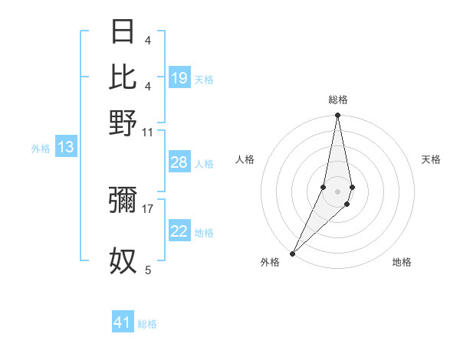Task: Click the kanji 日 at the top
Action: pyautogui.click(x=123, y=32)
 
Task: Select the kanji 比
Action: pyautogui.click(x=123, y=77)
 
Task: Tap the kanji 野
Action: pyautogui.click(x=123, y=123)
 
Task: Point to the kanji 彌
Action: pyautogui.click(x=123, y=200)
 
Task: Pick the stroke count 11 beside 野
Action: pyautogui.click(x=148, y=132)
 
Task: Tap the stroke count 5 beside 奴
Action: pyautogui.click(x=148, y=270)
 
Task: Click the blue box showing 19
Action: pyautogui.click(x=179, y=77)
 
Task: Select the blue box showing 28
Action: pyautogui.click(x=179, y=162)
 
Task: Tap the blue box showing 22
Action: pyautogui.click(x=179, y=231)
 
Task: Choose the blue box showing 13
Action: pyautogui.click(x=65, y=147)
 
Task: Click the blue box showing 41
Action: pyautogui.click(x=123, y=322)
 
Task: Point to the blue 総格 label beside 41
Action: pyautogui.click(x=147, y=324)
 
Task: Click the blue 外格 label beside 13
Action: pyautogui.click(x=41, y=149)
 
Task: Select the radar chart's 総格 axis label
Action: pyautogui.click(x=337, y=100)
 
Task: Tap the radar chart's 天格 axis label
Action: pyautogui.click(x=432, y=159)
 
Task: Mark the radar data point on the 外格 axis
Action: pyautogui.click(x=292, y=254)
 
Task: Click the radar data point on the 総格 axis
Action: pyautogui.click(x=337, y=116)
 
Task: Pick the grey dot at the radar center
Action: pyautogui.click(x=337, y=191)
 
